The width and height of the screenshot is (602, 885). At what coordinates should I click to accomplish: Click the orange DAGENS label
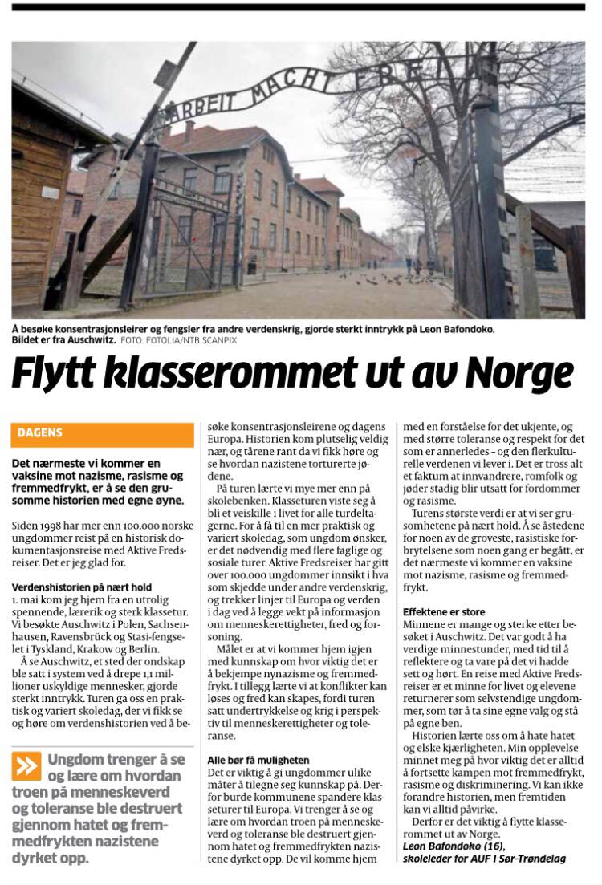(41, 434)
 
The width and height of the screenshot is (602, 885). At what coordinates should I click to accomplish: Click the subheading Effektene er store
(444, 612)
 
